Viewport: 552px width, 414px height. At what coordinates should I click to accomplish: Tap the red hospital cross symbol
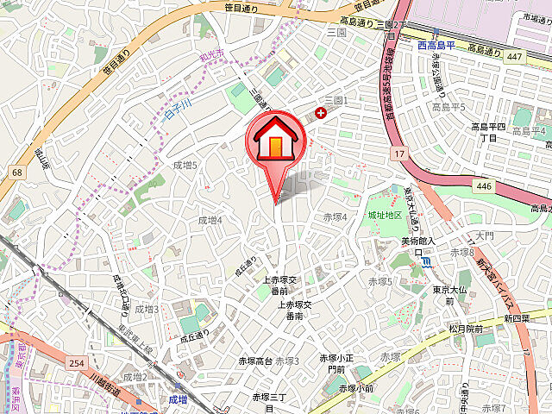(322, 112)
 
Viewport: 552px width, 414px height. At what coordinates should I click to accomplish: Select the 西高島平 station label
(435, 46)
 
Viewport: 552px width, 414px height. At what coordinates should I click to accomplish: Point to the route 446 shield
(482, 185)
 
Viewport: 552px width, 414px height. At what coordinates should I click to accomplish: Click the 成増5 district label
(185, 165)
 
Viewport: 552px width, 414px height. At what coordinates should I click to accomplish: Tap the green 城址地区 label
(385, 215)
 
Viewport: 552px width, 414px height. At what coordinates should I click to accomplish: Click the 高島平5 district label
(448, 107)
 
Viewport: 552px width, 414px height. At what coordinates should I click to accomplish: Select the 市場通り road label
(529, 16)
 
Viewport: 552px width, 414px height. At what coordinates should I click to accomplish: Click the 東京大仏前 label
(449, 295)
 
